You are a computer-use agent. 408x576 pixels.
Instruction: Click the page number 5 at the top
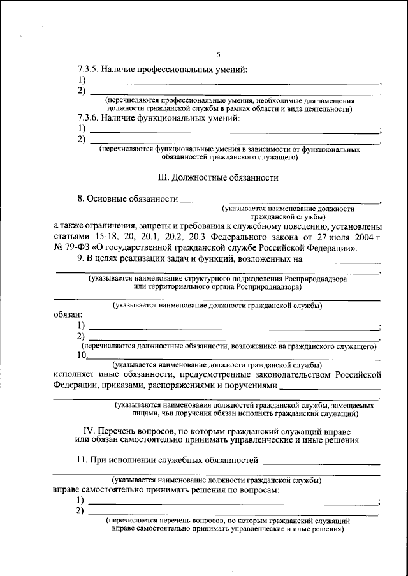point(218,55)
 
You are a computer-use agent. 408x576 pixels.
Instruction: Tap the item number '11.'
point(84,459)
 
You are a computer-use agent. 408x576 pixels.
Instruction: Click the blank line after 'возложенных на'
point(344,262)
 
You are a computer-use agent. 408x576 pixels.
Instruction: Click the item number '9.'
point(80,259)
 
